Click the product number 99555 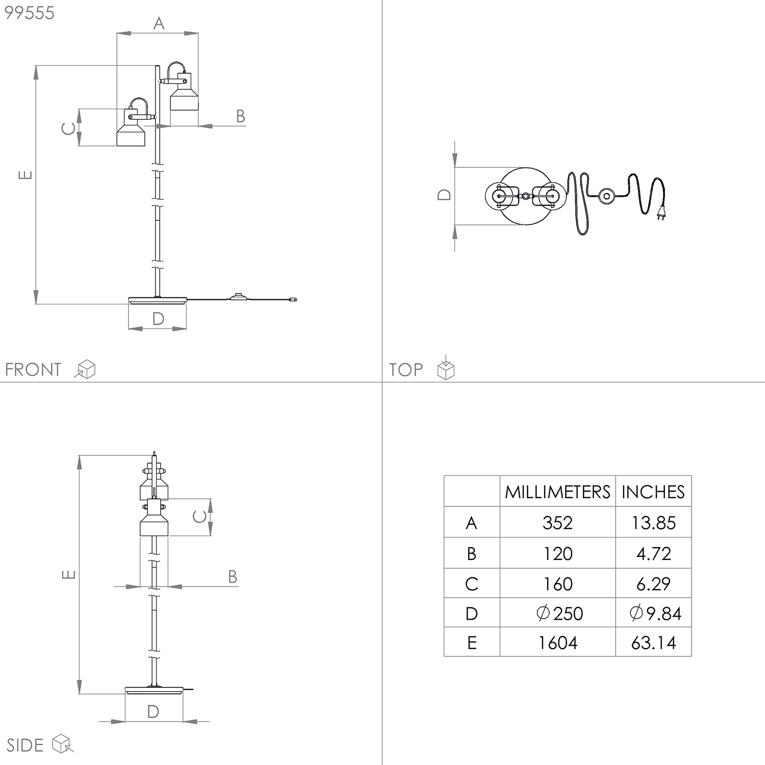[x=29, y=13]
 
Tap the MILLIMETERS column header [x=557, y=492]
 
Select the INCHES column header [x=653, y=492]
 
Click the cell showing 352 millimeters [x=557, y=523]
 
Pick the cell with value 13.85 [x=653, y=523]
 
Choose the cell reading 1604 [x=557, y=643]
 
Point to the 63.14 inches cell [x=653, y=643]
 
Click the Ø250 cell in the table [x=559, y=613]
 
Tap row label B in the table [x=472, y=553]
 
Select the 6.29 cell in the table [x=653, y=584]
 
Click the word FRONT [x=33, y=369]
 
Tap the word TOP [x=406, y=369]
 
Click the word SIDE [x=25, y=745]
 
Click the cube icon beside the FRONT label [x=86, y=369]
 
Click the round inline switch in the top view [x=606, y=196]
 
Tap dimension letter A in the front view [x=159, y=23]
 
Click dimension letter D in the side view [x=153, y=711]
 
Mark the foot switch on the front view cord [x=238, y=296]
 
